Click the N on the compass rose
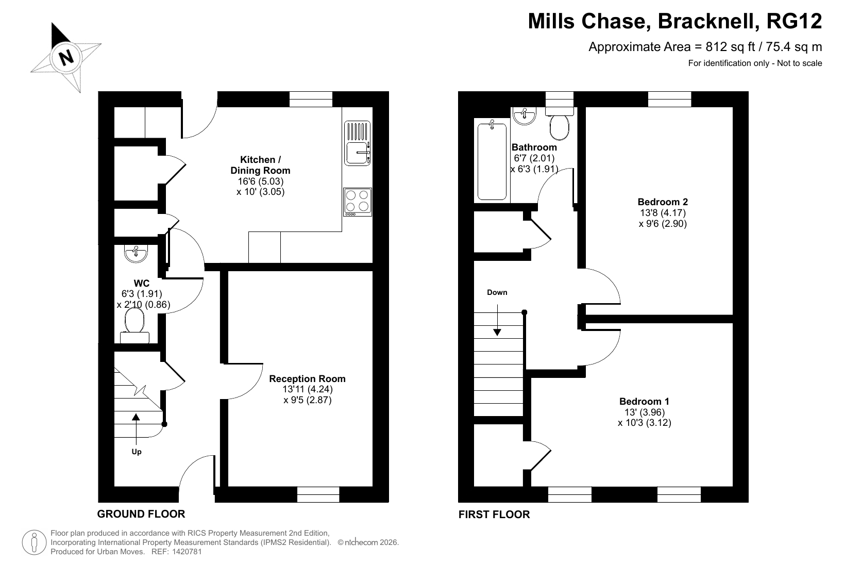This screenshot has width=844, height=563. pos(66,58)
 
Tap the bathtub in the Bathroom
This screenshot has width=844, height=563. pos(492,160)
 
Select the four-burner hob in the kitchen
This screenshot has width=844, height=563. pos(358,202)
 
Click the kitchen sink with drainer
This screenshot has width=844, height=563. pos(357,143)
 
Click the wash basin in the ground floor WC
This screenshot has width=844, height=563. pos(136,253)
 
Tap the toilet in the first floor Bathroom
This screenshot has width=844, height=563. pos(560,123)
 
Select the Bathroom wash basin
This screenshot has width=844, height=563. pos(525,116)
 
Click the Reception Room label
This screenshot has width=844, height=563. pos(307,378)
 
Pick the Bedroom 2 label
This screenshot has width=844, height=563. pos(663,202)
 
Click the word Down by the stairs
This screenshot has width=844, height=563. pos(497,292)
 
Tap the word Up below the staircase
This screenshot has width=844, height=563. pos(137,452)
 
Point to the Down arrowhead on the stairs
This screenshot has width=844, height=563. pos(497,332)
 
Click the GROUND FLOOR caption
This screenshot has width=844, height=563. pos(141,514)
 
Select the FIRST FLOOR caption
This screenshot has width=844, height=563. pos(494,515)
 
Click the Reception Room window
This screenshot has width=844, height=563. pos(318,494)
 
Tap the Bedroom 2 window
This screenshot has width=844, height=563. pos(669,99)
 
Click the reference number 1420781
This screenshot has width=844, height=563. pos(187,552)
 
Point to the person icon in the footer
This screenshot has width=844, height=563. pos(35,543)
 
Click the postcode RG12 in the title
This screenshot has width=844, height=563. pos(794,21)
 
